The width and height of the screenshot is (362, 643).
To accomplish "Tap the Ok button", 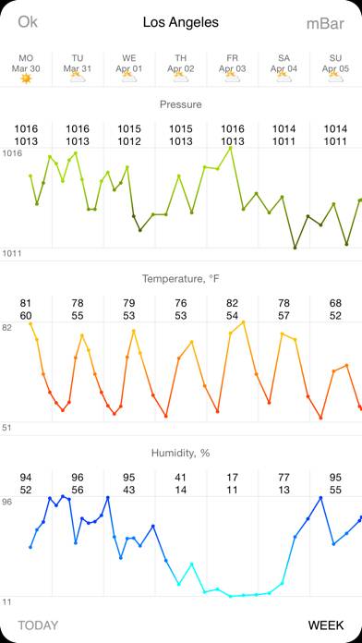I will (28, 22).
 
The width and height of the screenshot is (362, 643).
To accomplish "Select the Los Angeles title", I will (181, 22).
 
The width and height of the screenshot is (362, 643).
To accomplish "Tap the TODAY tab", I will (38, 625).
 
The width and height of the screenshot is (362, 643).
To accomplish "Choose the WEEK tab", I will (325, 625).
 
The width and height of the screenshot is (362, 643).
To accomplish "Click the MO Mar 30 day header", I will (26, 62).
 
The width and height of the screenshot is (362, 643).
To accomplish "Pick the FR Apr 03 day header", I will (233, 62).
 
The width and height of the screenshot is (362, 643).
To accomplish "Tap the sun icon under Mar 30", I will (26, 79).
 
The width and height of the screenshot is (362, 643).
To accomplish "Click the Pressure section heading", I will (181, 104).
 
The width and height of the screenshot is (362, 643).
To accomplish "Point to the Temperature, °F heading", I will (181, 278).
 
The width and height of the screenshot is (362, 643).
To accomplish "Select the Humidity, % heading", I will (181, 453).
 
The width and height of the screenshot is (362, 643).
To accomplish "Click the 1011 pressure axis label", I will (12, 253).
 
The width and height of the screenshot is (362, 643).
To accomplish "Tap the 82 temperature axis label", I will (8, 328).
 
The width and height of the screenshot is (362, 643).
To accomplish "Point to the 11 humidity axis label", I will (7, 601).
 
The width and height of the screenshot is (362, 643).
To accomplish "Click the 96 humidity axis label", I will (8, 502).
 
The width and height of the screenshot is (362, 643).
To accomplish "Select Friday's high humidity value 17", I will (233, 478).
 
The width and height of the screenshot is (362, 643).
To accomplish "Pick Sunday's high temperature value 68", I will (335, 303).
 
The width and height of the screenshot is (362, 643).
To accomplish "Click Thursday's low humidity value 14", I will (181, 490).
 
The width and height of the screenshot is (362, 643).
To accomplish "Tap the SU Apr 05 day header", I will (335, 62).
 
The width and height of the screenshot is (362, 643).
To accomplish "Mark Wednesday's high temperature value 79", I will (129, 303).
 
